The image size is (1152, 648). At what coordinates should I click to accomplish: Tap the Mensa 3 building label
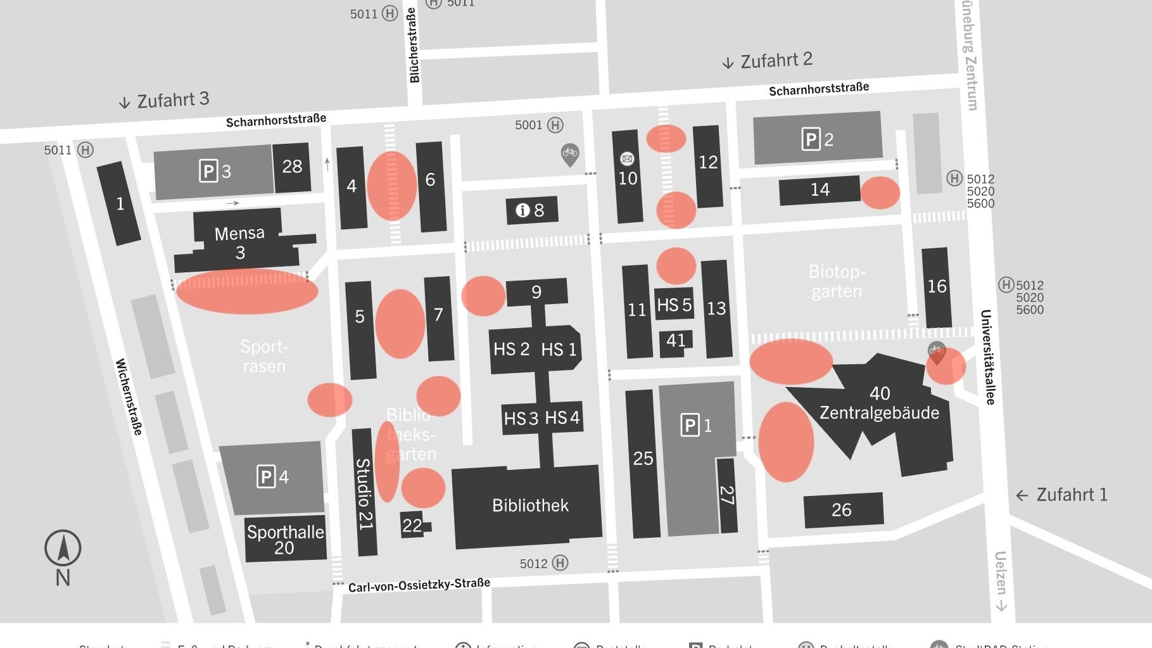click(239, 243)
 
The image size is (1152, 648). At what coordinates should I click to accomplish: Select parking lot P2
click(817, 139)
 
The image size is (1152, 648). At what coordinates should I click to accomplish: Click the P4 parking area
click(272, 476)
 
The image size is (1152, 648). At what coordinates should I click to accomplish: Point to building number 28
click(292, 167)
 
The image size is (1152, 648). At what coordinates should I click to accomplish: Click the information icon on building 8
click(522, 210)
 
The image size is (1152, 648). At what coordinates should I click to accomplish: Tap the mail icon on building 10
click(627, 158)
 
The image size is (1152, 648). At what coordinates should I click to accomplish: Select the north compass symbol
click(63, 549)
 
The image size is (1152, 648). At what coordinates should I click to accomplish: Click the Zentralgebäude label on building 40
click(879, 413)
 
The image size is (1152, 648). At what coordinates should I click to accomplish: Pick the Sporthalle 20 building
click(285, 539)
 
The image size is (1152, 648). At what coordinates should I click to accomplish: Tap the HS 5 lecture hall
click(674, 305)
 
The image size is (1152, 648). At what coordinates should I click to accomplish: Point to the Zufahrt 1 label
click(1071, 495)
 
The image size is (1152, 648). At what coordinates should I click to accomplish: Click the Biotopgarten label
click(836, 281)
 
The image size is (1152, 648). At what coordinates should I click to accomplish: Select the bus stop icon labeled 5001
click(555, 125)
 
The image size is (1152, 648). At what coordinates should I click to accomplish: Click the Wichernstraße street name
click(129, 397)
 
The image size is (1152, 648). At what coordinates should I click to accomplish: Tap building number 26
click(842, 510)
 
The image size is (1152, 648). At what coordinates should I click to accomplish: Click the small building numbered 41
click(675, 341)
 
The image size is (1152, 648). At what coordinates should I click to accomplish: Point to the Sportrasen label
click(264, 357)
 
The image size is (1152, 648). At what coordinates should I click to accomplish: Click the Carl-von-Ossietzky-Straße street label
click(419, 585)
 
